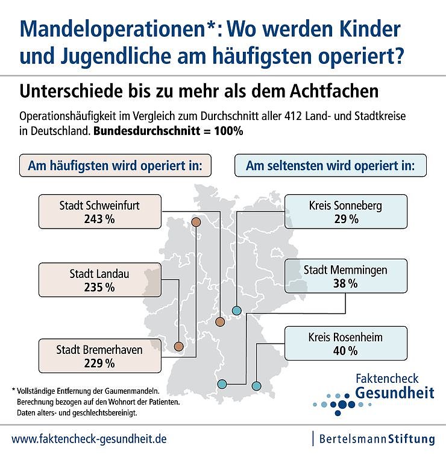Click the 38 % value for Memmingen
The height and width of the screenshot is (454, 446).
(345, 283)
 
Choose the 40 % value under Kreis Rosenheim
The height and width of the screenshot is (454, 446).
(345, 350)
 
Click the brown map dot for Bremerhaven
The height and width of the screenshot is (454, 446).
(195, 222)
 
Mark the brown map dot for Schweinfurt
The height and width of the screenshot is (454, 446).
(220, 322)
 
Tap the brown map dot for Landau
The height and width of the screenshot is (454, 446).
(178, 347)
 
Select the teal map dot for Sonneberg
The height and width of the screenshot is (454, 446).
(237, 311)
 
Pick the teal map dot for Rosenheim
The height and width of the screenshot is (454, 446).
(256, 385)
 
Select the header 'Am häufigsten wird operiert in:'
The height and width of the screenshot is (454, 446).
(116, 166)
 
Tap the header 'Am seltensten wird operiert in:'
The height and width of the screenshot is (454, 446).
(330, 166)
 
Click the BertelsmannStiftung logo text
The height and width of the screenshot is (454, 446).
(377, 438)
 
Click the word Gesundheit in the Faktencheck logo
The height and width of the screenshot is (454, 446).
(395, 393)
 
